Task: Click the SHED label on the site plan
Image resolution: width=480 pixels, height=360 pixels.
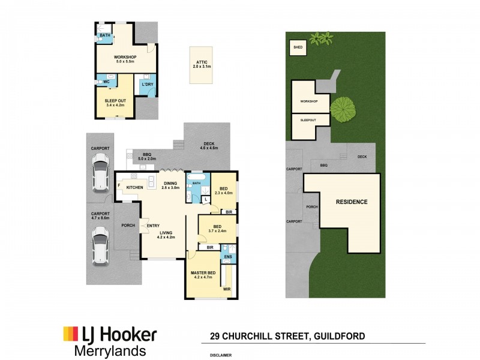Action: [x=297, y=47]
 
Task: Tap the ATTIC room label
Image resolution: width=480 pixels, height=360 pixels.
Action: [x=200, y=64]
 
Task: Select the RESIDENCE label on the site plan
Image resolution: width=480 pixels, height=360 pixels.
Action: [x=351, y=202]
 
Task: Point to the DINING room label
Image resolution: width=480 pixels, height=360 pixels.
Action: [x=170, y=185]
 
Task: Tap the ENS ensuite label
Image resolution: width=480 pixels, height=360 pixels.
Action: [x=228, y=257]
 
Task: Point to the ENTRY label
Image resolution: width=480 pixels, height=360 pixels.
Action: [x=152, y=225]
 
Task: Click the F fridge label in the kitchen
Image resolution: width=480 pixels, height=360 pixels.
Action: [x=119, y=185]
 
